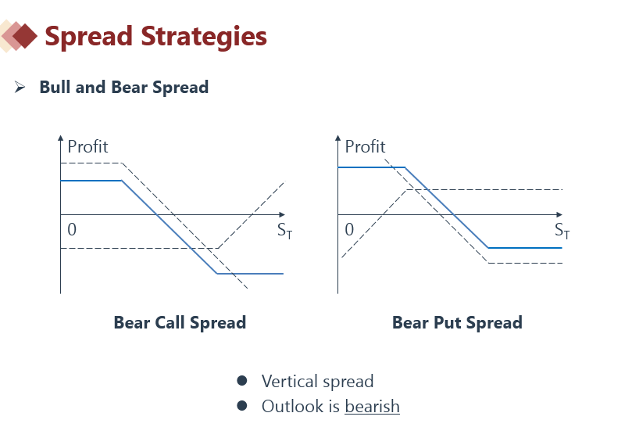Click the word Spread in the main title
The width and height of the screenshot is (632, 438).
point(89,37)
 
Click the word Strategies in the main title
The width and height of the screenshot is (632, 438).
point(204,37)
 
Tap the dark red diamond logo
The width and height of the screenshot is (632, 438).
point(25,36)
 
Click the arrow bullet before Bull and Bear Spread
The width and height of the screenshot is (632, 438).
point(20,87)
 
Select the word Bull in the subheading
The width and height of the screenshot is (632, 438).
point(55,87)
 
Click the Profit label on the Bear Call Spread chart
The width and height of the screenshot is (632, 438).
point(87,146)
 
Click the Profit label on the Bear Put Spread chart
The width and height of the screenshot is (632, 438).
point(365,146)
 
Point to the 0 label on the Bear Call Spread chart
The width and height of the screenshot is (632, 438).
point(72,229)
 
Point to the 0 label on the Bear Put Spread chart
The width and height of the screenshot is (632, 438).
point(349,229)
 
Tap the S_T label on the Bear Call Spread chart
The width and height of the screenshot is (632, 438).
point(284,231)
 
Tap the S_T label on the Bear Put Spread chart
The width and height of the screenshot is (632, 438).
point(562,231)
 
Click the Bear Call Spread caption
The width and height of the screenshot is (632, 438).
point(180,322)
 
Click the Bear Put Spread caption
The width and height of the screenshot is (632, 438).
point(457,322)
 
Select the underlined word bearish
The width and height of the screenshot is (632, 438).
point(372,406)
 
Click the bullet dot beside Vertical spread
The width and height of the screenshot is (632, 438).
point(242,381)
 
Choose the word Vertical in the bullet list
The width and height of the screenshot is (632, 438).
point(289,381)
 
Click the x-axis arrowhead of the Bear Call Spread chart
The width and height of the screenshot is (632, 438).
point(282,215)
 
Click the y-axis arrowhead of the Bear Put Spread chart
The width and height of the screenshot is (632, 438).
point(337,138)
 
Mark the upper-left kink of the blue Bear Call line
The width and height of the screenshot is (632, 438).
point(122,181)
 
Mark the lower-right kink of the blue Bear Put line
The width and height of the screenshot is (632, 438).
point(488,248)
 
